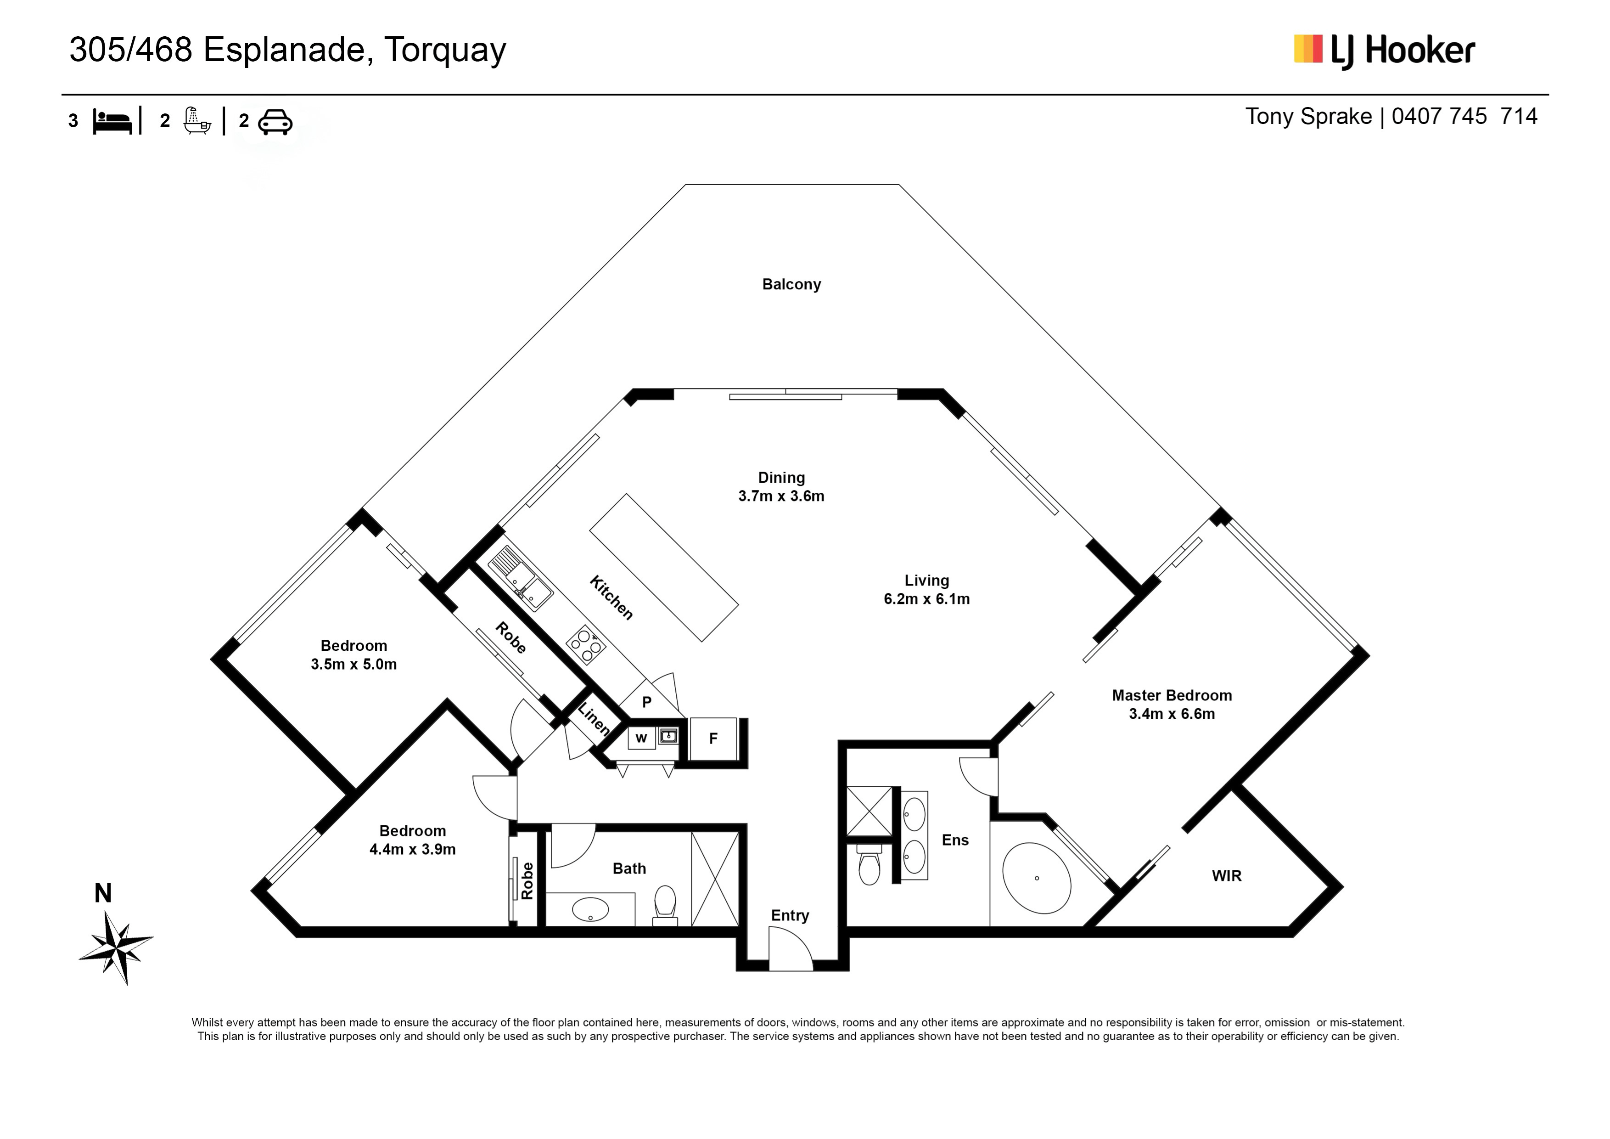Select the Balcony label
(791, 284)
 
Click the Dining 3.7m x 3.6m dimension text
(781, 496)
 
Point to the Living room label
(926, 580)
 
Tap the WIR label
(1226, 875)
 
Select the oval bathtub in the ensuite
(1037, 877)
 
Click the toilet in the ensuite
(870, 865)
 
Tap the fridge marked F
(713, 739)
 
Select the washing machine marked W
(641, 738)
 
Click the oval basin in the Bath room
(590, 910)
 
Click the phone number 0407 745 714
(1464, 116)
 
